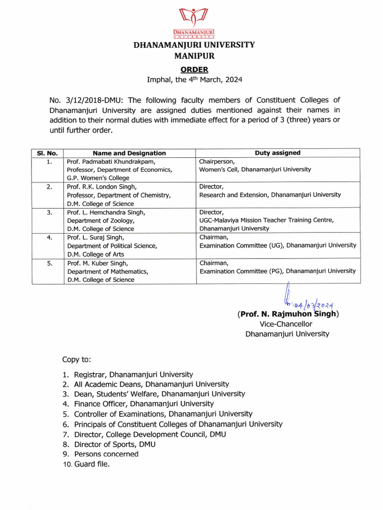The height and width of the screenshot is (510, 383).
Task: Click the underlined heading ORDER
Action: pos(194,70)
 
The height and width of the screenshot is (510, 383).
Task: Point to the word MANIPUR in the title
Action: pos(194,56)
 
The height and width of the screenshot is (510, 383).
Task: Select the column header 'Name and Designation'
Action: pos(129,153)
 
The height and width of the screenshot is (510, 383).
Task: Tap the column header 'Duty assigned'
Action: pos(277,153)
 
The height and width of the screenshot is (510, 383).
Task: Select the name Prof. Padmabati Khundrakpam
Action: pos(111,161)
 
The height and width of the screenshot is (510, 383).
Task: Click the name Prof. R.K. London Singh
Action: pos(102,187)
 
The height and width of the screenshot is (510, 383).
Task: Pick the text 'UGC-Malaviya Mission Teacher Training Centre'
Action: pos(267,220)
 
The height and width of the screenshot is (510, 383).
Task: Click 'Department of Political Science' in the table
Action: pos(112,246)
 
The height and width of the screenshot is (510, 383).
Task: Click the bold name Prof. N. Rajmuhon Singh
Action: pos(288,314)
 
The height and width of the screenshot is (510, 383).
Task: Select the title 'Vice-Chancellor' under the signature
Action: pos(287,324)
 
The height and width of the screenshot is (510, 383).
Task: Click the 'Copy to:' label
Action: pos(76,360)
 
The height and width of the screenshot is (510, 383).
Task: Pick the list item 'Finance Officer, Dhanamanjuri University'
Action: pos(144,404)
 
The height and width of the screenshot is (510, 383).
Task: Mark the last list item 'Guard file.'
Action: pos(92,464)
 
